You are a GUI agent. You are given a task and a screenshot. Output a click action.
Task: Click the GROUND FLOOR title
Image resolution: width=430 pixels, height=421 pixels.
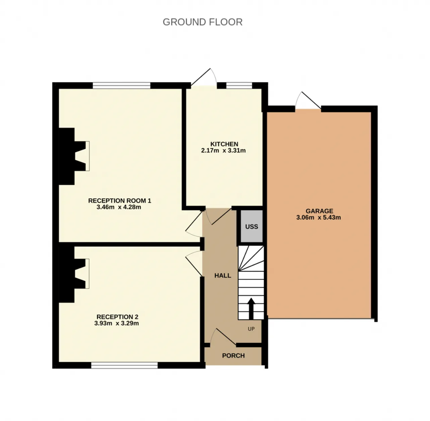point(202,22)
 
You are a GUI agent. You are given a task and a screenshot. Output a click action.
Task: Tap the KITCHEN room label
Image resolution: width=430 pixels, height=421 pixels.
point(224,144)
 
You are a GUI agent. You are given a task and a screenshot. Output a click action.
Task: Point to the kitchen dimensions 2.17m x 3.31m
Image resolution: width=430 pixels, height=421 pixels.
point(223,151)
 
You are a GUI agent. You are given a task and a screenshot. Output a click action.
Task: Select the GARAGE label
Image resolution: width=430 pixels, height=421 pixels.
point(319,211)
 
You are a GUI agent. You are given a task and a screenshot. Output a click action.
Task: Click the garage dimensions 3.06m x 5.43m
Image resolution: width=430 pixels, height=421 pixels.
point(318,218)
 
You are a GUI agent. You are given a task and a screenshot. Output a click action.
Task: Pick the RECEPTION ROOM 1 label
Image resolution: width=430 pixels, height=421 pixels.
point(120,201)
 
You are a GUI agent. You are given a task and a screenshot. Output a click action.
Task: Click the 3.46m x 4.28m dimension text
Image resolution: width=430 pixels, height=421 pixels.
point(119,207)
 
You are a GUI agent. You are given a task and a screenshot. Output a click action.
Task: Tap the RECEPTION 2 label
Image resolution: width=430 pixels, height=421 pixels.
point(117,317)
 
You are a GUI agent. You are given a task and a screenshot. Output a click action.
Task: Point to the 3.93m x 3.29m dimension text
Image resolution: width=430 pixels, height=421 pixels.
point(117,323)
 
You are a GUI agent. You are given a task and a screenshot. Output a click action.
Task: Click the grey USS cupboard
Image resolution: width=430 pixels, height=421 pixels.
point(252,227)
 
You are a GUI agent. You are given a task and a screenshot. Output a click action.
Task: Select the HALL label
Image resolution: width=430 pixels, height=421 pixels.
point(222,276)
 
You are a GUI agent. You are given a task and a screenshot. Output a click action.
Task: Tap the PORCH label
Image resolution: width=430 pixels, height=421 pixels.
point(233,356)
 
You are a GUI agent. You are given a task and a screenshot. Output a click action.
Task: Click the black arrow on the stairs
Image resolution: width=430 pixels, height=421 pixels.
point(251,308)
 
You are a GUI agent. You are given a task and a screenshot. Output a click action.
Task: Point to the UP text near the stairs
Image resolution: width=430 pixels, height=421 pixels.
point(251,329)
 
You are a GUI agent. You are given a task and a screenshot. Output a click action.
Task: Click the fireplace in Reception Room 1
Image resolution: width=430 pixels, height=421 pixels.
point(74,157)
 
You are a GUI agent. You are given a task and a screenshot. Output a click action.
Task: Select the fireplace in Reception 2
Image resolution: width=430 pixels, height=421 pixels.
point(74,274)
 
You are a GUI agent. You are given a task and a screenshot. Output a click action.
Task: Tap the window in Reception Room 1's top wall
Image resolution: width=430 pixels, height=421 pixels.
point(122,85)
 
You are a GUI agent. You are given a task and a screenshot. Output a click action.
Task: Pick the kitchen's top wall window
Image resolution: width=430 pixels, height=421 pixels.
point(239,85)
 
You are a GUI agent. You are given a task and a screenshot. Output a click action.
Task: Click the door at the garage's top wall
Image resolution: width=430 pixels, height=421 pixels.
point(308,101)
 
